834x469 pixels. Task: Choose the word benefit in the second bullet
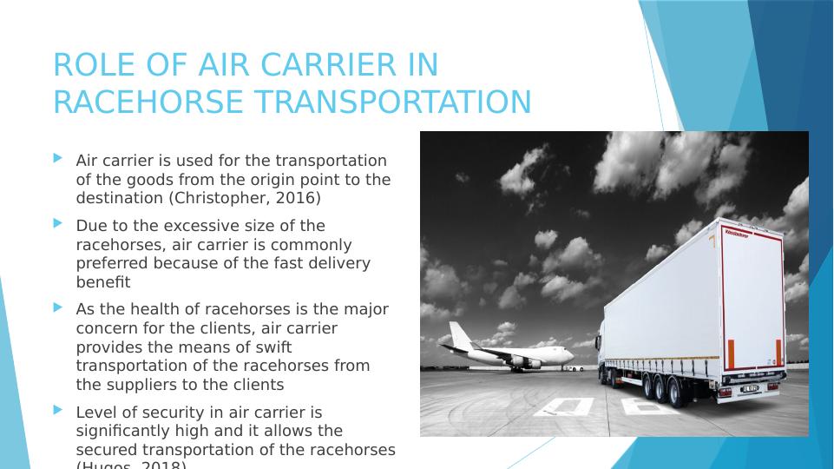102,281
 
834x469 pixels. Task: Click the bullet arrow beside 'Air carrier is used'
58,159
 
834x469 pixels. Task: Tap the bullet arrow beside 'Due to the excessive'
58,223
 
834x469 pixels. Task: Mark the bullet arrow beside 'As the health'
58,307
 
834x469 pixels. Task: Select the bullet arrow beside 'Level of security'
58,409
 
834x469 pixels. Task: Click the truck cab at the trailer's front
611,352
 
